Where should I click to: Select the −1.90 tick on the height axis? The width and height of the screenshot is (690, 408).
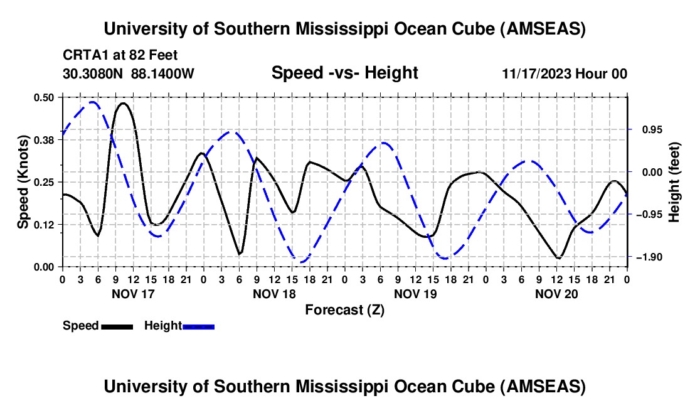click(x=647, y=257)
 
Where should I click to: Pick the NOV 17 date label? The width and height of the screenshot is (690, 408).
click(x=132, y=293)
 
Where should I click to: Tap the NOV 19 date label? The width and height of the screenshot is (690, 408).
click(x=415, y=293)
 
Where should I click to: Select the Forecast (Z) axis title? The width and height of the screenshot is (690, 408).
click(x=344, y=309)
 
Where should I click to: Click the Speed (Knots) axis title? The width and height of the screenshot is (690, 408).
click(x=23, y=182)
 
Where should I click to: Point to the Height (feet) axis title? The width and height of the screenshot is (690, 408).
click(x=674, y=181)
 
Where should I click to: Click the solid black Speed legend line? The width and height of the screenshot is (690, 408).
click(x=117, y=326)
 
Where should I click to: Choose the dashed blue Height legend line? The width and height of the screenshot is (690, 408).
click(x=198, y=326)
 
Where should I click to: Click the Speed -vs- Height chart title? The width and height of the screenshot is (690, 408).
click(x=344, y=73)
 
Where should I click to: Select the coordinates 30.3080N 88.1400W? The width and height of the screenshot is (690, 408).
click(x=129, y=73)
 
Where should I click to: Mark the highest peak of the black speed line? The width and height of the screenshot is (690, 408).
click(x=123, y=103)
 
